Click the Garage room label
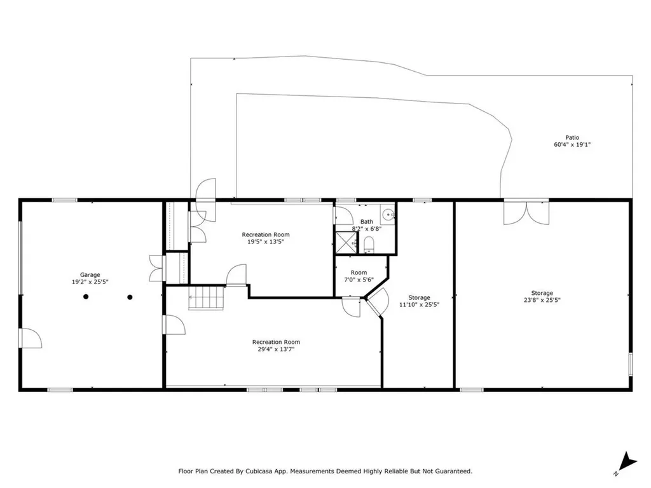[x=90, y=275]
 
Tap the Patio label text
[x=572, y=137]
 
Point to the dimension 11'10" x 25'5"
[x=419, y=304]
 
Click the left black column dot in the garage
[x=85, y=297]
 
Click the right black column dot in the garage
[x=130, y=297]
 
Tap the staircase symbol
[x=207, y=297]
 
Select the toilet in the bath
[x=369, y=244]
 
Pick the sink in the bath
[x=387, y=215]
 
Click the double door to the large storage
[x=525, y=212]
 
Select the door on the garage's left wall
[x=30, y=338]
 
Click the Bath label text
[x=367, y=222]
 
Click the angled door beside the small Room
[x=378, y=302]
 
